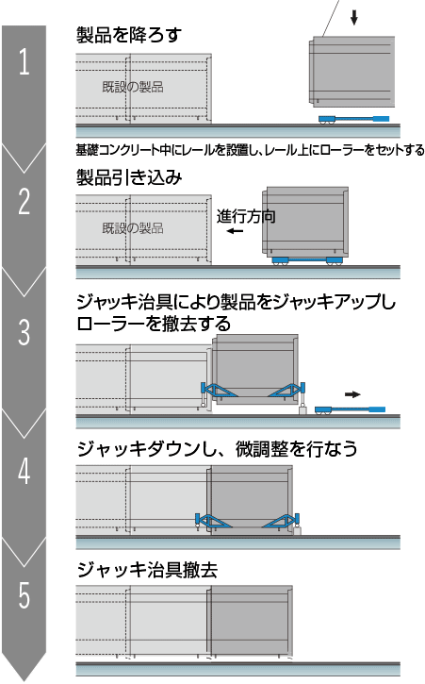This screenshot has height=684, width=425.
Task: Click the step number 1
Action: [24, 61]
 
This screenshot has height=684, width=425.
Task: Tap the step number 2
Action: [24, 201]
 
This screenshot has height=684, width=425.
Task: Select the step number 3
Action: [24, 332]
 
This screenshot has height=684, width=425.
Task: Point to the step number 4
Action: [24, 471]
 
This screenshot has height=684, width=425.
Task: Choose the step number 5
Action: [24, 595]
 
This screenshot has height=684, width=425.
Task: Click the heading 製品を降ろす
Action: [128, 35]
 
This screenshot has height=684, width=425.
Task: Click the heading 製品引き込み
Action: [129, 177]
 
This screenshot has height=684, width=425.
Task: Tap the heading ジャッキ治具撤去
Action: [147, 570]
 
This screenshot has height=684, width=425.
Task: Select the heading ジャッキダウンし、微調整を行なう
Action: [217, 448]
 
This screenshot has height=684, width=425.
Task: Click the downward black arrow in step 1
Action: [354, 17]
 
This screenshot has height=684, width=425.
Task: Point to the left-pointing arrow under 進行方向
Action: [235, 231]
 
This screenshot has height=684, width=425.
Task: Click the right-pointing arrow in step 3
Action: [352, 394]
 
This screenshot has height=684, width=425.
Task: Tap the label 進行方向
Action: [246, 216]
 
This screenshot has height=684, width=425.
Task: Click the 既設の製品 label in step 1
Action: [133, 87]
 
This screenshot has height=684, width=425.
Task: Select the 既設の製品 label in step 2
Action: [133, 227]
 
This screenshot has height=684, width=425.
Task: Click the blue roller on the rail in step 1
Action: [353, 119]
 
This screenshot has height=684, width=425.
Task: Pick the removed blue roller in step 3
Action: [350, 410]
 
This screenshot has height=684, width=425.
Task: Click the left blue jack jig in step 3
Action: [220, 391]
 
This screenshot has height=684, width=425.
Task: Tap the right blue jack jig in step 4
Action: [281, 521]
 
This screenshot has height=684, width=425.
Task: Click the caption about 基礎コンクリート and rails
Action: [251, 150]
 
